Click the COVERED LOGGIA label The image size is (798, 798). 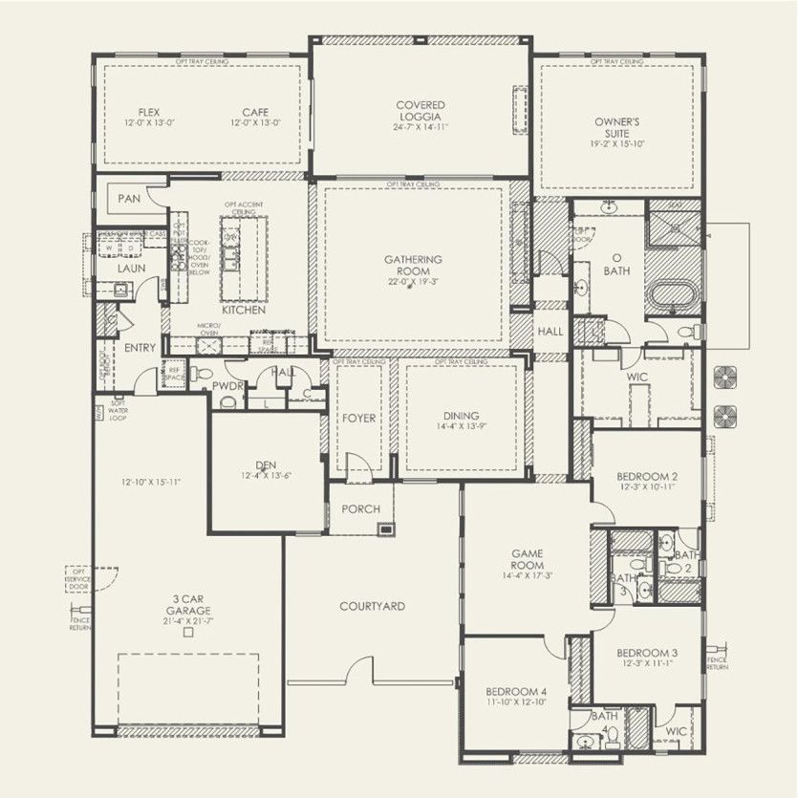(421, 110)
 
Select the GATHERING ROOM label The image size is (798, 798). (413, 265)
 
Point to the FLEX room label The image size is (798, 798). (148, 112)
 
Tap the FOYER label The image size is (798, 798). (359, 419)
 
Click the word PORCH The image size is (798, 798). (360, 509)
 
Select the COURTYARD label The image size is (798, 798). (372, 606)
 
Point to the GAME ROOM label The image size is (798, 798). (527, 559)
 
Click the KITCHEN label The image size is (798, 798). (243, 311)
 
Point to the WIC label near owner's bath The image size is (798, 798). (637, 377)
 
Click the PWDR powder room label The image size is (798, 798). (228, 385)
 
